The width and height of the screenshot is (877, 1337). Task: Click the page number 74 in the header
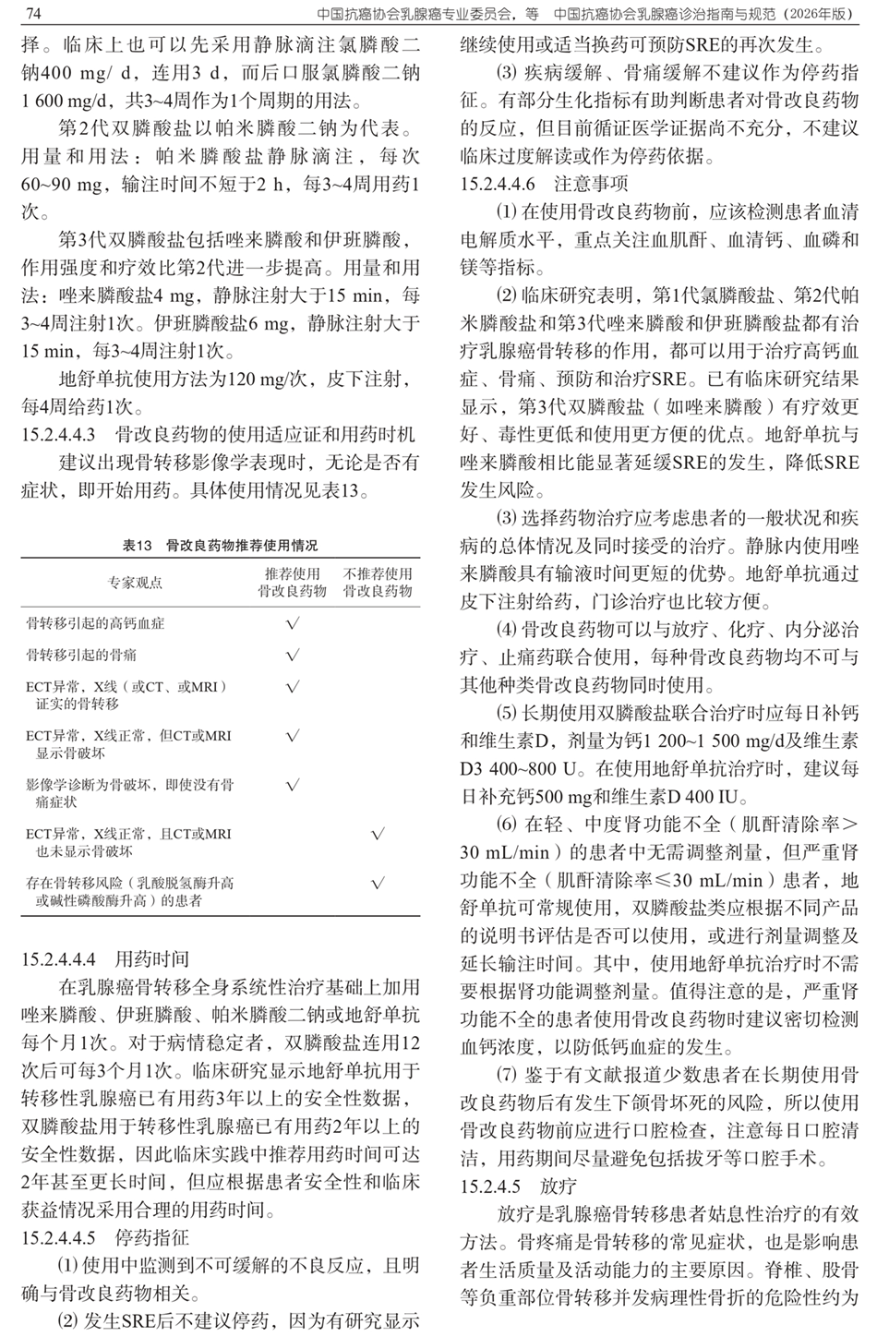pyautogui.click(x=31, y=14)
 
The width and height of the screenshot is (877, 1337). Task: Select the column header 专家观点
pyautogui.click(x=135, y=583)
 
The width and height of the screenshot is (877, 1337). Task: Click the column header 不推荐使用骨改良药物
pyautogui.click(x=378, y=583)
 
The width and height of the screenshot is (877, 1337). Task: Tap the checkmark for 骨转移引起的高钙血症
pyautogui.click(x=293, y=624)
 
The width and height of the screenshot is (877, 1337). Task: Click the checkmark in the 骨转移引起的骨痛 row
pyautogui.click(x=293, y=656)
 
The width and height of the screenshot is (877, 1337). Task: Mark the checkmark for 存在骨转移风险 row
pyautogui.click(x=378, y=883)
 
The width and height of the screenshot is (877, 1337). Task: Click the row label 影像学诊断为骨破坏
pyautogui.click(x=129, y=786)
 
